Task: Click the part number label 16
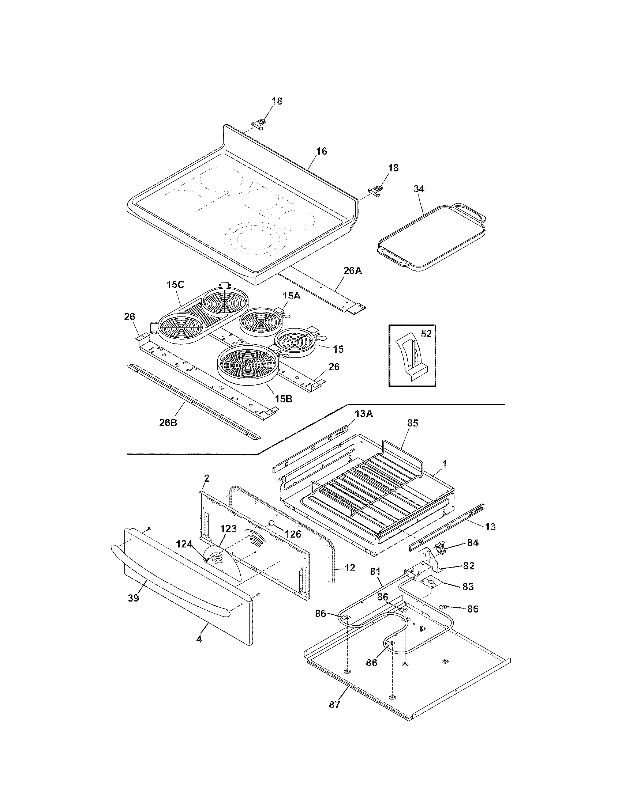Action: pos(321,151)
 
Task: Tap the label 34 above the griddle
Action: pos(419,189)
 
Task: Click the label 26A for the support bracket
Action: pos(353,271)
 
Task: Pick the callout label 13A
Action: pos(364,414)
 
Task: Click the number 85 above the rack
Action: pos(412,423)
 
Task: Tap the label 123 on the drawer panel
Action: pos(228,529)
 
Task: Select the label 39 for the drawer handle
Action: pos(134,598)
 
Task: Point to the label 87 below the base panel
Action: pos(334,705)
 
